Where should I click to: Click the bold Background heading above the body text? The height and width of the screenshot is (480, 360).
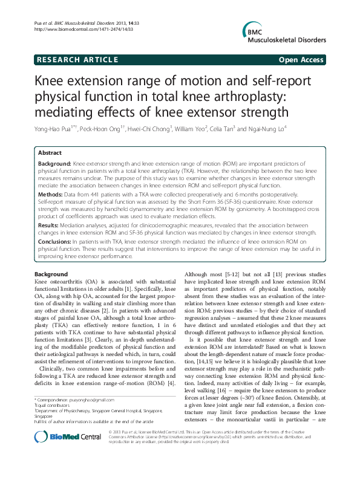(51, 274)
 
